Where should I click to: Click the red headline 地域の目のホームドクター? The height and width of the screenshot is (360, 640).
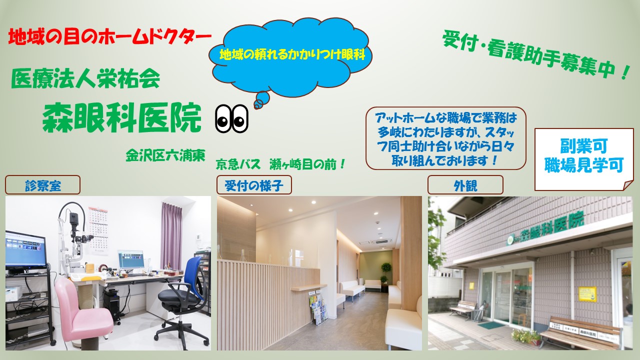109,37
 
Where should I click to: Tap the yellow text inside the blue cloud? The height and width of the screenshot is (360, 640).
292,54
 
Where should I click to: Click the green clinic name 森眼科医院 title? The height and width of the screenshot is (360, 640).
121,117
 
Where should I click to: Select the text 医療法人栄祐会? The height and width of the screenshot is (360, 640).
85,78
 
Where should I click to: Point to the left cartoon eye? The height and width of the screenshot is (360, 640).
223,118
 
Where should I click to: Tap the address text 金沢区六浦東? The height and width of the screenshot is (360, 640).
165,155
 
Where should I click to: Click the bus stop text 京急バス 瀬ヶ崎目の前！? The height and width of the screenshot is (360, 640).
281,164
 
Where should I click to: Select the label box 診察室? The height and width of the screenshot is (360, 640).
42,185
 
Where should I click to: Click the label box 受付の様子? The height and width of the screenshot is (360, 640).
254,185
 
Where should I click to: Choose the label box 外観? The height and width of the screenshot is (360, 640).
465,185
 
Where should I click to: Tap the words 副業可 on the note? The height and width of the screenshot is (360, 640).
583,146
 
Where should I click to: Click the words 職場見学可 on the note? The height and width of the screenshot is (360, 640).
583,165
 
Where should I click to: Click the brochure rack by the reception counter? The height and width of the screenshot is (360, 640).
318,307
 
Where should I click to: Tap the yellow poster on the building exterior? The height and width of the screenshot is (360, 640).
587,293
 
